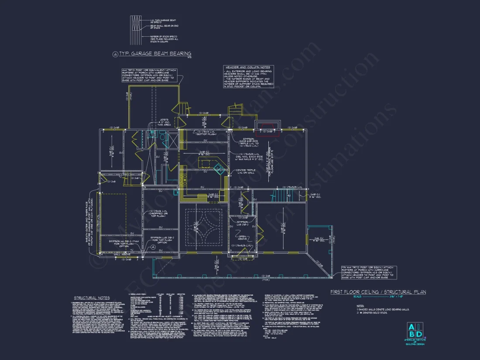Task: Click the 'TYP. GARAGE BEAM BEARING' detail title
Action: click(x=155, y=54)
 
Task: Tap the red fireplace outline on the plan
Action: click(x=267, y=127)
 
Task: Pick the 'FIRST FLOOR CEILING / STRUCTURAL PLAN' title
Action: click(x=378, y=292)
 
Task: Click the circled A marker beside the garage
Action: click(x=153, y=247)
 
